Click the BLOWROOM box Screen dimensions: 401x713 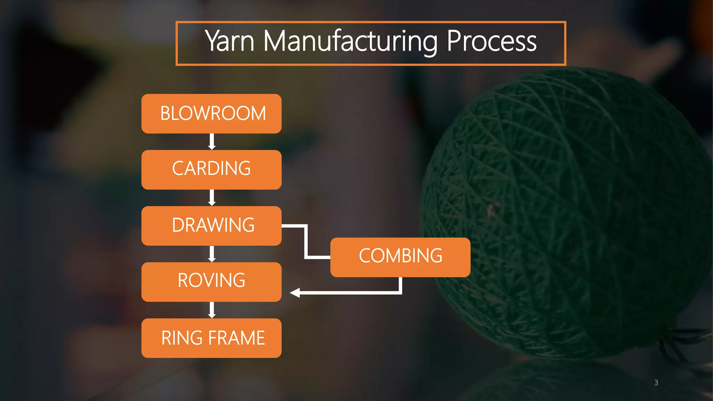tap(211, 113)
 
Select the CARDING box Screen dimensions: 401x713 tap(211, 170)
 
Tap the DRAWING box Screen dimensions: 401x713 tap(211, 226)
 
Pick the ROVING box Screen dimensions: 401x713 tap(211, 282)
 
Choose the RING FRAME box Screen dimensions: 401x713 tap(211, 338)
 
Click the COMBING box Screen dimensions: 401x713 tap(400, 257)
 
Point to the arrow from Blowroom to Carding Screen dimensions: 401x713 tap(212, 142)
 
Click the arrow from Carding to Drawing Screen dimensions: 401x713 tap(212, 198)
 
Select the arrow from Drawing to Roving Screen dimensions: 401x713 tap(212, 254)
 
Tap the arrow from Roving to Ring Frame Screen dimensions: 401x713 tap(212, 310)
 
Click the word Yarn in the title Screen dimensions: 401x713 tap(230, 42)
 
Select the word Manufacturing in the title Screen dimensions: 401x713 tap(350, 42)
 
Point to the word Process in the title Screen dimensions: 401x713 tap(491, 42)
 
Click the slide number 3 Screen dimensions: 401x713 tap(656, 383)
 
